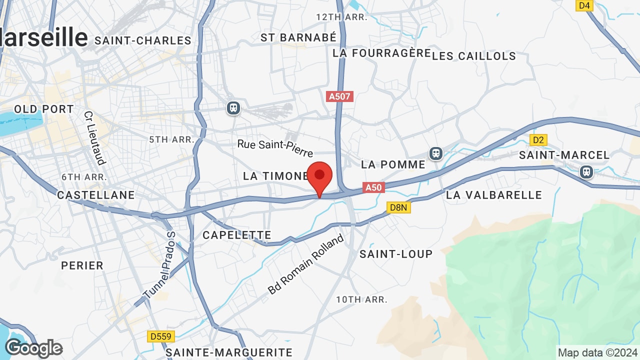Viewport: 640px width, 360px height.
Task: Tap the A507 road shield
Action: tap(339, 96)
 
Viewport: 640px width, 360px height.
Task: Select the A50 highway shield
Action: tap(373, 187)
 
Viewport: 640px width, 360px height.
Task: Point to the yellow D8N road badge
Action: tap(398, 207)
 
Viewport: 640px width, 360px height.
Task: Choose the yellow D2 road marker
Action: tap(538, 140)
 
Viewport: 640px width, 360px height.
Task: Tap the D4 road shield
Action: tap(584, 5)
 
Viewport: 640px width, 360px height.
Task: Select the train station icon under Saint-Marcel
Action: tap(586, 172)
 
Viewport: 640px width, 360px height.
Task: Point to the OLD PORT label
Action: tap(44, 109)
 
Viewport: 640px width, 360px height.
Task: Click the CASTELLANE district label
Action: tap(96, 195)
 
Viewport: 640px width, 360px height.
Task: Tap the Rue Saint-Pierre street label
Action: tap(275, 147)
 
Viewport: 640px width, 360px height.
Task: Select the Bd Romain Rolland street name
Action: tap(306, 263)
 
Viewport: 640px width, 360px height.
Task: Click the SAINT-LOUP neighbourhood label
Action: tap(396, 254)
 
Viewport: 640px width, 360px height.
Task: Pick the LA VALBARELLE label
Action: tap(494, 195)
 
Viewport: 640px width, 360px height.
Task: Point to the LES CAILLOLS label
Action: tap(473, 56)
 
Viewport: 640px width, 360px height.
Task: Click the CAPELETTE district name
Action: tap(237, 235)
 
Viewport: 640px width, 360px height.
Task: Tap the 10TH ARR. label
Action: tap(362, 299)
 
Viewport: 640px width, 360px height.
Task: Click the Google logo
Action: tap(33, 348)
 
